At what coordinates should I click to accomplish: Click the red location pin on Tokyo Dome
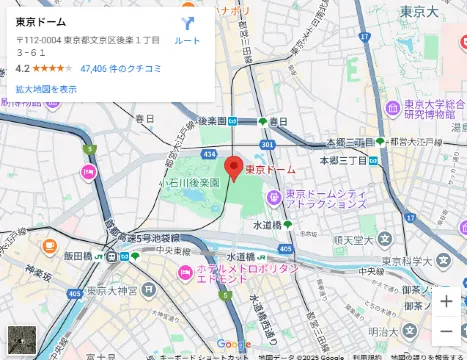(x=233, y=166)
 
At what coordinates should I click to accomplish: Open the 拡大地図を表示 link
(x=46, y=89)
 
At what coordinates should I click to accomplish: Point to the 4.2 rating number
(x=22, y=69)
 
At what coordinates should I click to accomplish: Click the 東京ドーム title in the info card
(x=41, y=21)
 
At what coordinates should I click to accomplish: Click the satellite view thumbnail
(x=22, y=339)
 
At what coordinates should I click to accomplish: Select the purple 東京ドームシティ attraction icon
(x=274, y=195)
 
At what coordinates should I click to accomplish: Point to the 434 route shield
(x=208, y=154)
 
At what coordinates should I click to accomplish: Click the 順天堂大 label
(x=352, y=240)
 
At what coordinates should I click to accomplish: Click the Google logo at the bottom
(x=233, y=344)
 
